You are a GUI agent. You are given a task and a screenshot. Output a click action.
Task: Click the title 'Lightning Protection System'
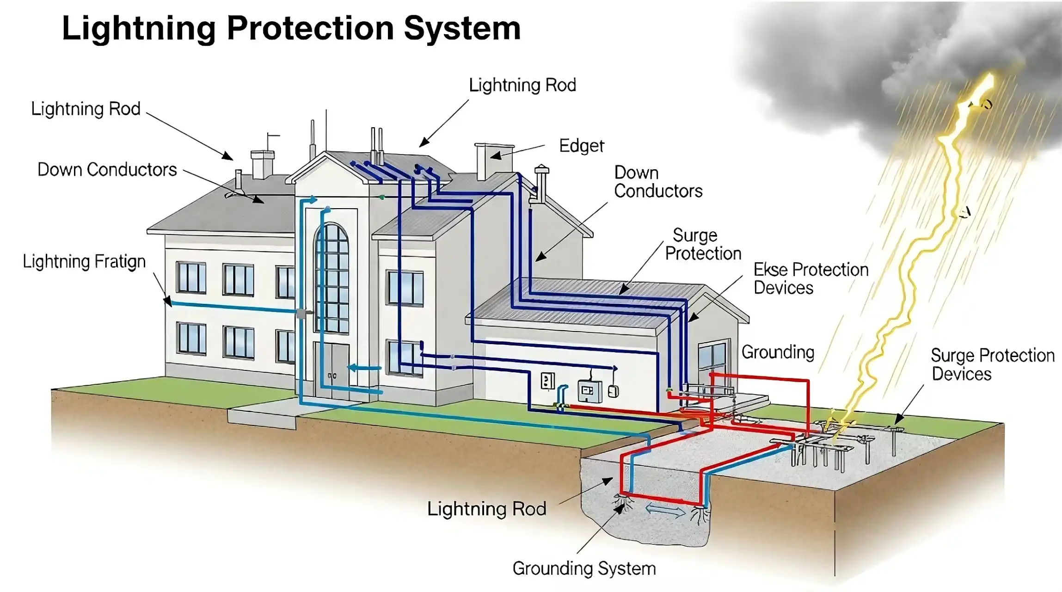tap(291, 29)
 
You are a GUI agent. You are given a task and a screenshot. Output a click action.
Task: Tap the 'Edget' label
tap(581, 146)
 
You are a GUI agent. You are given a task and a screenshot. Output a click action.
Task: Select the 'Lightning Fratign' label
tap(84, 262)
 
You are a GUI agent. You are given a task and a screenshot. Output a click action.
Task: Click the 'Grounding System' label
tap(584, 568)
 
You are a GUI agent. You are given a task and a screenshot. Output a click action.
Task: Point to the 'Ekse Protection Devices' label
tap(810, 279)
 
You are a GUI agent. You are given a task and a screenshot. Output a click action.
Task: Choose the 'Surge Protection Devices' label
tap(992, 364)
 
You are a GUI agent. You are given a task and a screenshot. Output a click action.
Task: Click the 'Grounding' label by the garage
tap(778, 352)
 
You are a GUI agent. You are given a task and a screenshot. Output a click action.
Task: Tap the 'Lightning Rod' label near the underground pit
tap(486, 509)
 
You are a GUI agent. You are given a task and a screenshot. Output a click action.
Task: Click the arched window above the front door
tap(332, 277)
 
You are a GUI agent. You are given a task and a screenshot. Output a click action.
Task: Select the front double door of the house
tap(332, 370)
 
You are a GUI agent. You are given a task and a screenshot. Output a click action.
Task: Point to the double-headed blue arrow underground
tap(665, 511)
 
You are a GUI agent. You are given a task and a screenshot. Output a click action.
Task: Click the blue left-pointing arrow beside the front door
tap(364, 368)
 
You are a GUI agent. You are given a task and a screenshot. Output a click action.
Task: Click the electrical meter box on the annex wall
tap(589, 391)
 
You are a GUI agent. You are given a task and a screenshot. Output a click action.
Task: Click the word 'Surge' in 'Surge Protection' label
tap(694, 235)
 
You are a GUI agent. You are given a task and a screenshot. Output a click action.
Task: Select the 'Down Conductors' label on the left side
tap(107, 170)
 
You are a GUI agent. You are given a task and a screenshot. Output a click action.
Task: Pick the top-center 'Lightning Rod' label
tap(522, 86)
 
